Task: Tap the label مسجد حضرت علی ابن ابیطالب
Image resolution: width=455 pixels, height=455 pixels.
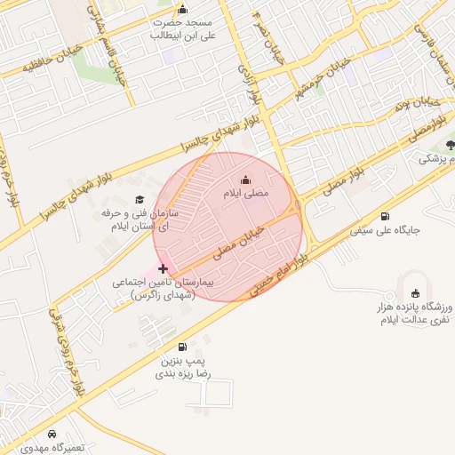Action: (182, 28)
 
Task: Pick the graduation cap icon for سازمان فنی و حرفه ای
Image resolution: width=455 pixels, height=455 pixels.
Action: (139, 199)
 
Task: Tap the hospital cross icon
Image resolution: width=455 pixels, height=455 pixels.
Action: (163, 267)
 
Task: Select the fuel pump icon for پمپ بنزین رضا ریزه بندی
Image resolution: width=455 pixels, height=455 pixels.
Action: (182, 347)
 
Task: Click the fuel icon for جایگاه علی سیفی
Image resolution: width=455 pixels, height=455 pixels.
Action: (384, 216)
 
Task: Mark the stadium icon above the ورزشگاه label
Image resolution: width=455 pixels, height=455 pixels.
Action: (415, 294)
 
